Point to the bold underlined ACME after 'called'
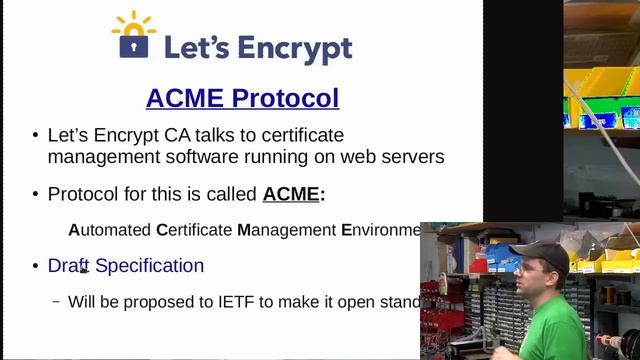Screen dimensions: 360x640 coord(291,194)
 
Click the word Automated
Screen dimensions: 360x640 coord(109,230)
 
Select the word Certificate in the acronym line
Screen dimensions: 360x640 coord(194,230)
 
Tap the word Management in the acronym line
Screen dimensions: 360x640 coord(286,230)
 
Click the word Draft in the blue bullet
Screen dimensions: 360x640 coord(69,266)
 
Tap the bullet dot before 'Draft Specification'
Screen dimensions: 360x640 coord(35,266)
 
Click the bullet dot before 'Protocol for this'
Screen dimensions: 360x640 coord(35,195)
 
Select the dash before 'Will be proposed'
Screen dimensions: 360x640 coord(56,301)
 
